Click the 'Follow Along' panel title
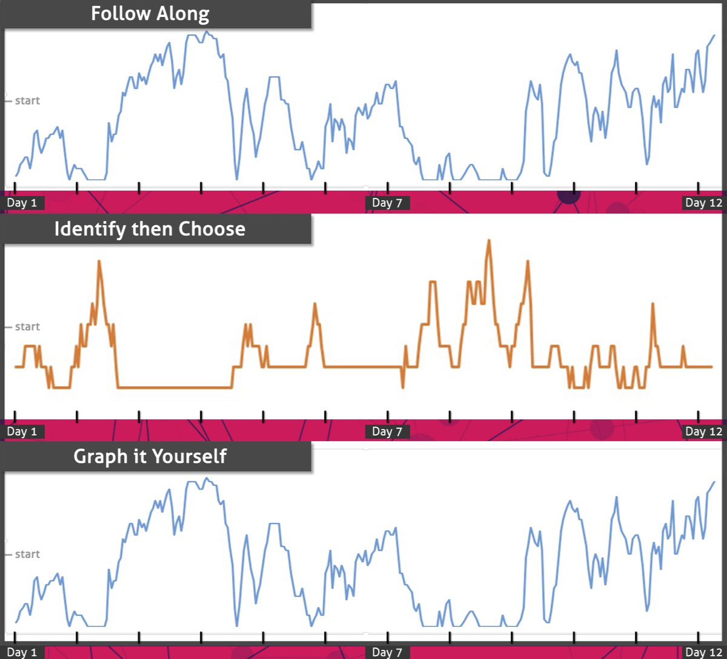[x=150, y=13]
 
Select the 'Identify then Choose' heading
[x=150, y=229]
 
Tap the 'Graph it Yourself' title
[x=150, y=456]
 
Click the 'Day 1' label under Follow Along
[x=22, y=203]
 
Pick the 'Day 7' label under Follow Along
[x=387, y=203]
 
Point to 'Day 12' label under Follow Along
[x=703, y=203]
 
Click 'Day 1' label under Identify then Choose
[x=22, y=431]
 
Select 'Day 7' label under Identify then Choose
[x=387, y=431]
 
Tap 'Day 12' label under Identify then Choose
[x=703, y=431]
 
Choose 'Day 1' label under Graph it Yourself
[x=22, y=652]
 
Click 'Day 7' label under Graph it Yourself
[x=387, y=652]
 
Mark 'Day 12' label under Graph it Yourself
[x=703, y=652]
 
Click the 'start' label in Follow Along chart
[x=27, y=100]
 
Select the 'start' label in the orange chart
[x=27, y=327]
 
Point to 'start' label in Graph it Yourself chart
[x=27, y=554]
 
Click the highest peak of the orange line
[x=488, y=241]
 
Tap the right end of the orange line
[x=712, y=367]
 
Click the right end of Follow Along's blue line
[x=714, y=35]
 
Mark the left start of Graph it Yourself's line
[x=16, y=622]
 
